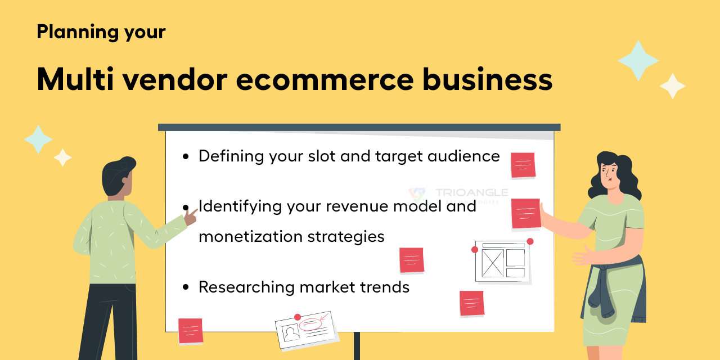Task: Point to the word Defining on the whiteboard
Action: pyautogui.click(x=231, y=156)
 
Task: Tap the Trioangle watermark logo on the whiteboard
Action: pyautogui.click(x=417, y=195)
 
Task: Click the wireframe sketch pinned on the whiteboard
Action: pyautogui.click(x=502, y=262)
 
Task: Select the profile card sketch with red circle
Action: pyautogui.click(x=305, y=329)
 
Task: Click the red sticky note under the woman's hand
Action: pyautogui.click(x=526, y=214)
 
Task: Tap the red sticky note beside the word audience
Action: pyautogui.click(x=523, y=165)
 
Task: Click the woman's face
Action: pyautogui.click(x=608, y=172)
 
